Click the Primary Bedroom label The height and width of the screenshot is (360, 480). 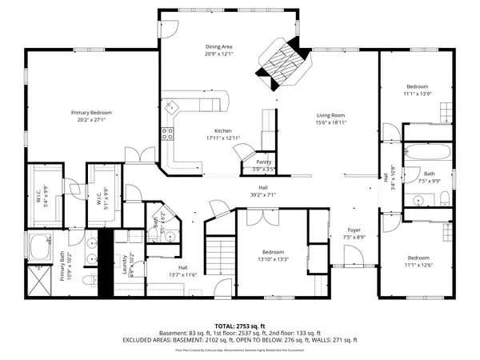(x=89, y=114)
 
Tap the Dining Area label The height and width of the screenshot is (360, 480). (x=218, y=47)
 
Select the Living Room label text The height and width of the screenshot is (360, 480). (x=329, y=114)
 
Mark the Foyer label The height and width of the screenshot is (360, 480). (x=353, y=230)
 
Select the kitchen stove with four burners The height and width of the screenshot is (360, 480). (x=169, y=134)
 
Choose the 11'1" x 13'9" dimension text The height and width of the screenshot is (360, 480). (x=417, y=94)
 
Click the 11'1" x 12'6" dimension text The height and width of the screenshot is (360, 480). (x=417, y=265)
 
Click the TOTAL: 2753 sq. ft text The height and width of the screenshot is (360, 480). (x=239, y=326)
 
